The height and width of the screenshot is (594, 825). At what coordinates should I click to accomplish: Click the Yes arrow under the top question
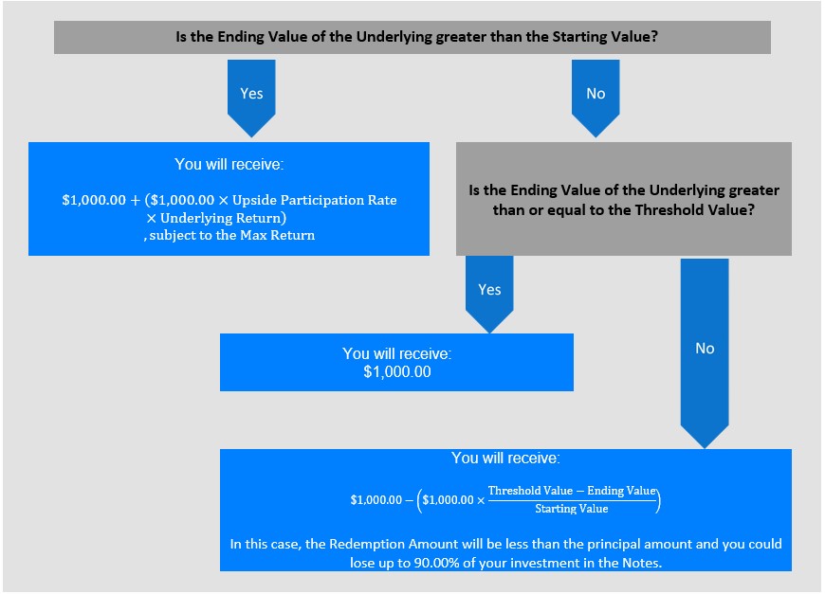pos(251,98)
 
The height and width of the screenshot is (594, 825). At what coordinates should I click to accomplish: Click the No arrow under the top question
pos(596,98)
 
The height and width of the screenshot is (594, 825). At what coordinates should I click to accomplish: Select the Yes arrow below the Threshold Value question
pos(489,295)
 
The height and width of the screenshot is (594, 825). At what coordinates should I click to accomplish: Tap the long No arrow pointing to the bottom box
pos(705,353)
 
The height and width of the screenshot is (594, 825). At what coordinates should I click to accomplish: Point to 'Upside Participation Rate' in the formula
pos(315,200)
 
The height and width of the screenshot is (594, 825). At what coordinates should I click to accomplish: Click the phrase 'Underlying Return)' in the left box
pos(223,218)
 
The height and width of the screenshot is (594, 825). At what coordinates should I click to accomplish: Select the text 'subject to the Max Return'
pos(232,236)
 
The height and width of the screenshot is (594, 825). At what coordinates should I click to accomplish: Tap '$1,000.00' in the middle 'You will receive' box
pos(397,371)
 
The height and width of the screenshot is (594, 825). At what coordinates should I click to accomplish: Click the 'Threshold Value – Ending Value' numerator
pos(572,491)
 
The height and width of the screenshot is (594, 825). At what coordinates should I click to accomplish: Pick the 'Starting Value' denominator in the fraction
pos(572,509)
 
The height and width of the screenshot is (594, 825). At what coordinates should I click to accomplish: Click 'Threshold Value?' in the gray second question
pos(694,210)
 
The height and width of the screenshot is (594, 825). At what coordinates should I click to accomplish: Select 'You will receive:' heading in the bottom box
pos(505,459)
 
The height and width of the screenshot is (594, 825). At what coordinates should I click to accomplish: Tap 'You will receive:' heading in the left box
pos(229,165)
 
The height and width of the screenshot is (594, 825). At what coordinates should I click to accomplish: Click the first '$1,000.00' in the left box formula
pos(94,200)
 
